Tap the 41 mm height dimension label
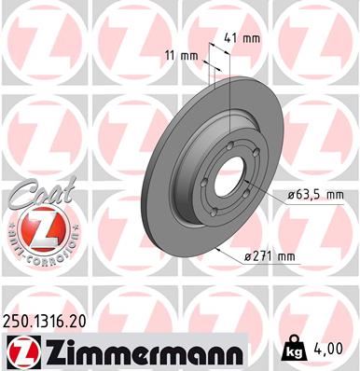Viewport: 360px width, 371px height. [242, 39]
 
